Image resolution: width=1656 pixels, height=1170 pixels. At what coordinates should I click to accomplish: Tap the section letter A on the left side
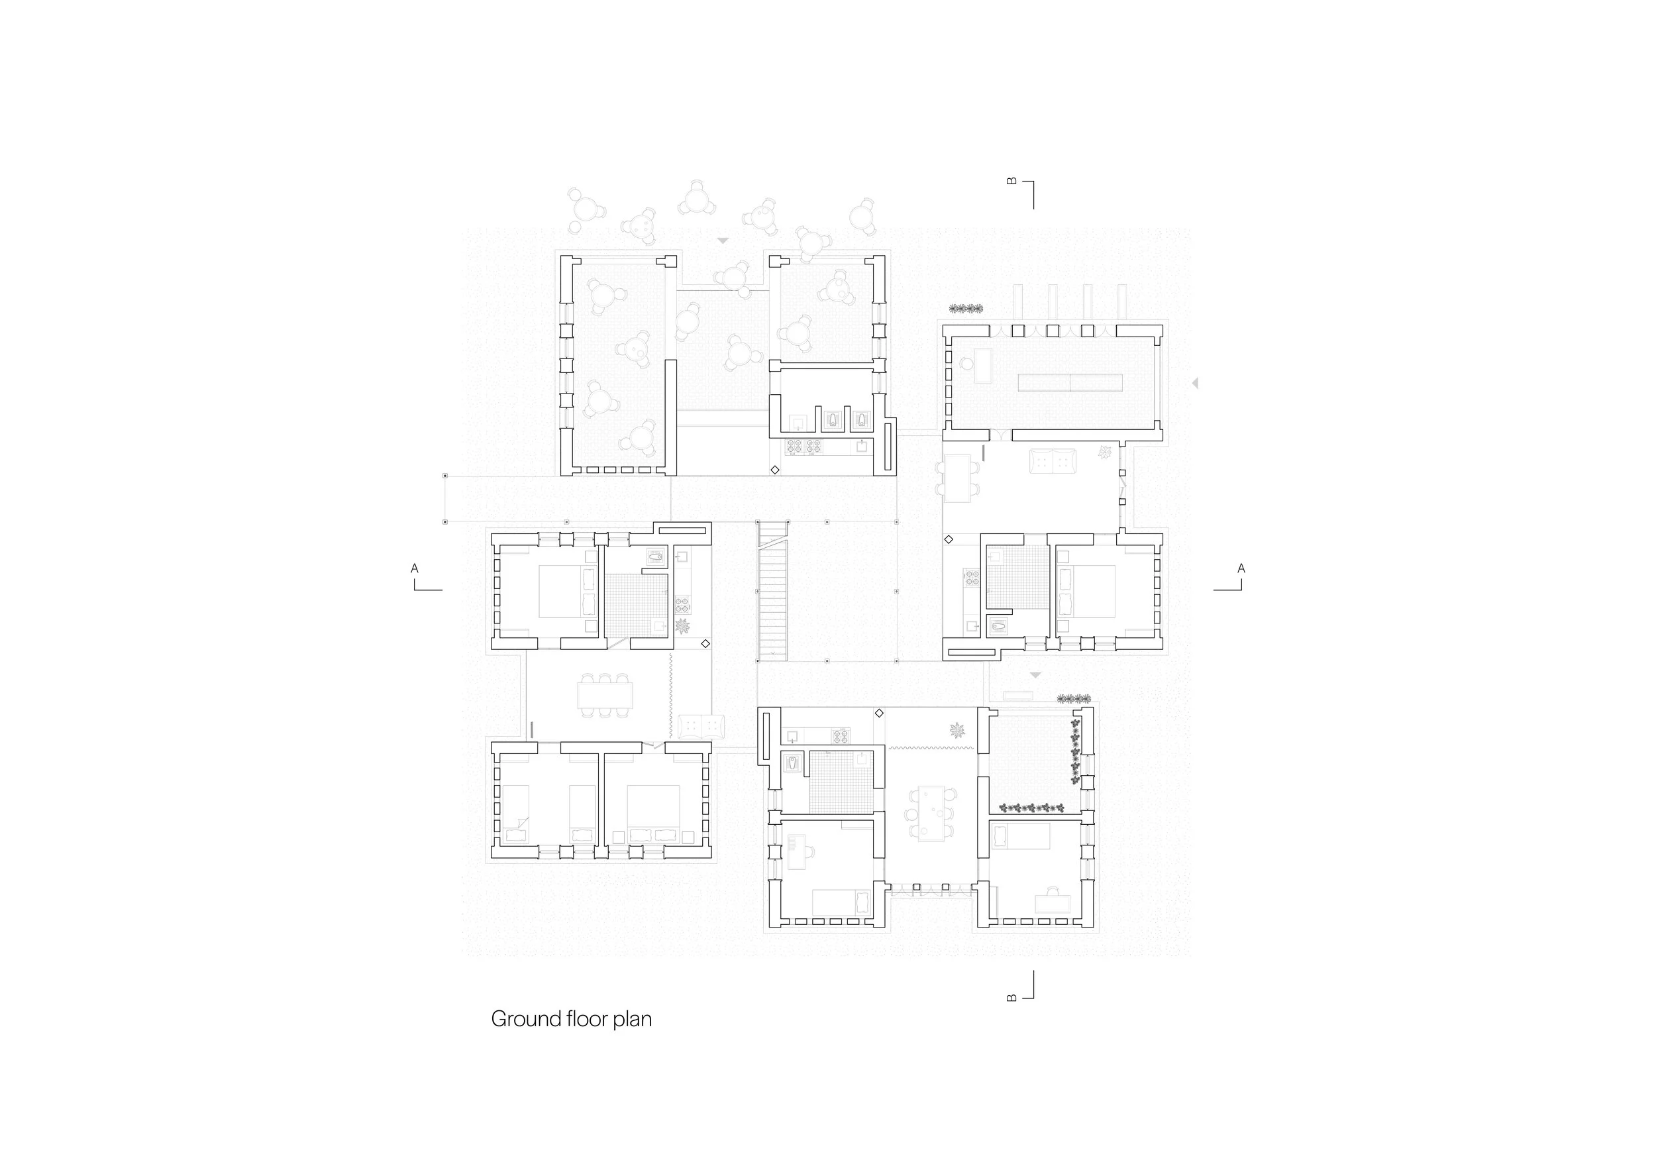click(x=415, y=568)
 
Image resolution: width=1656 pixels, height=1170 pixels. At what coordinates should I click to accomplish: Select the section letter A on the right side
click(x=1241, y=568)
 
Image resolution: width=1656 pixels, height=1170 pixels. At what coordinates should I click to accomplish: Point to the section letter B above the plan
click(x=1012, y=182)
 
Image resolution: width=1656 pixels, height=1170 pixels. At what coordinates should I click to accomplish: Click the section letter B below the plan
click(x=1012, y=998)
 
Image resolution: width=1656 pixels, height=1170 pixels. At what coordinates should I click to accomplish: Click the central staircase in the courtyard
click(x=772, y=592)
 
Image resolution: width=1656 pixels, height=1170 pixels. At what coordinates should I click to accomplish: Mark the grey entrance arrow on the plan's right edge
click(x=1195, y=383)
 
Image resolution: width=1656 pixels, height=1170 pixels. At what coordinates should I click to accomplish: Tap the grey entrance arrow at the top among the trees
click(x=723, y=241)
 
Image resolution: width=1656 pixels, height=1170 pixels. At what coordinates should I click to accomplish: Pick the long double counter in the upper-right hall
click(x=1070, y=383)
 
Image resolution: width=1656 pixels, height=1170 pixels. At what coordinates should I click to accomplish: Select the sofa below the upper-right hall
click(x=1053, y=461)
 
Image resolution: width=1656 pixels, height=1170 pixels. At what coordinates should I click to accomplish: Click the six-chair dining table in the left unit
click(x=605, y=696)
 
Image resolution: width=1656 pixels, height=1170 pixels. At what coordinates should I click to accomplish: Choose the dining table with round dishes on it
click(x=931, y=813)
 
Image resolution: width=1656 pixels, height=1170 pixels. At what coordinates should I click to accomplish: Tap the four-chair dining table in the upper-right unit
click(x=958, y=478)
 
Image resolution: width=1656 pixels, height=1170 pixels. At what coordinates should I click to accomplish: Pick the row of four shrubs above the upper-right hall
click(x=966, y=309)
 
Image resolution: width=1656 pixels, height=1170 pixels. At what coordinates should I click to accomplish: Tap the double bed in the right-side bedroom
click(x=1086, y=592)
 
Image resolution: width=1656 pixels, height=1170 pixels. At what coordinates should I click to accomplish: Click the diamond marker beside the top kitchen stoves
click(x=774, y=470)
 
